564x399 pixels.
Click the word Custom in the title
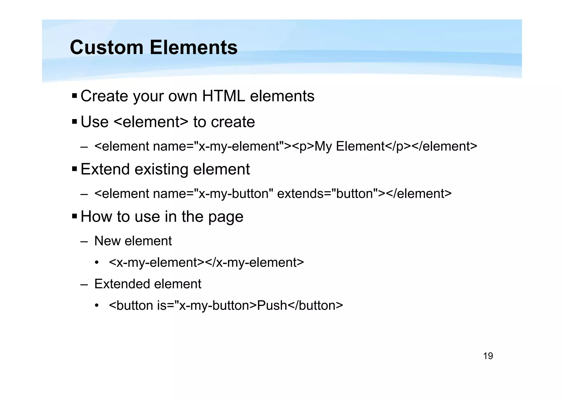107,47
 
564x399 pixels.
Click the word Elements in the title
193,47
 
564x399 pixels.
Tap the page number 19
488,356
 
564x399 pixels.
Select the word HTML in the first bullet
223,96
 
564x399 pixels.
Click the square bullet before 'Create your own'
74,96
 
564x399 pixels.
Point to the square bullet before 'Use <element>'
74,122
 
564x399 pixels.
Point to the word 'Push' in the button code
272,305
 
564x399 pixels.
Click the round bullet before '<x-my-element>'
96,263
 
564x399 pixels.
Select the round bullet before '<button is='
96,306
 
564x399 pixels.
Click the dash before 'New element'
84,241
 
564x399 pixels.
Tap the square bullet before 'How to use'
74,216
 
